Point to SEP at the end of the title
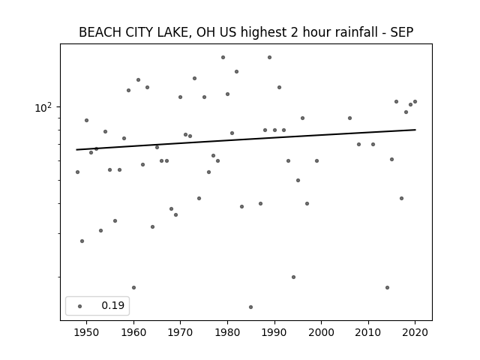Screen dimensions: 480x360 (402, 32)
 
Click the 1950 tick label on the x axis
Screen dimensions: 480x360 (87, 332)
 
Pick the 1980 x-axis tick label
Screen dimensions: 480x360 (227, 332)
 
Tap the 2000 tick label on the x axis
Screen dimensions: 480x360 (322, 332)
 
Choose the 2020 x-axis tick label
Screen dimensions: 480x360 (415, 332)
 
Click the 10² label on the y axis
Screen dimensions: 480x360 (43, 107)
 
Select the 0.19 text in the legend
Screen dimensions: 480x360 (113, 305)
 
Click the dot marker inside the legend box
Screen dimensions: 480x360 (80, 306)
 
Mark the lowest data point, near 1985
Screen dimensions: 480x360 (250, 307)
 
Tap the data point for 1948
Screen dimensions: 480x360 (77, 172)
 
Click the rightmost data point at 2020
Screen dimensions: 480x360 (415, 102)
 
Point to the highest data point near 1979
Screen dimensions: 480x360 (223, 57)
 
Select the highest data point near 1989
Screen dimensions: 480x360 (269, 57)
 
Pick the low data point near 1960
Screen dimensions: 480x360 (133, 287)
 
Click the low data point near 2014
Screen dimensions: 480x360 (387, 287)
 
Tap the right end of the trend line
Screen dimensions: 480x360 (415, 130)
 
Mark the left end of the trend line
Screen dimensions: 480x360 (76, 150)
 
